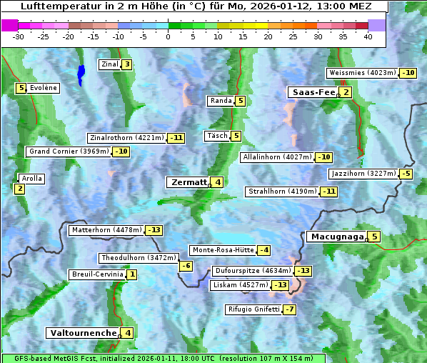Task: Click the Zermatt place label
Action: click(x=189, y=182)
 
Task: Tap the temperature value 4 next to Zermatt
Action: click(x=218, y=182)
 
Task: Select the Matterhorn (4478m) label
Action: click(x=106, y=230)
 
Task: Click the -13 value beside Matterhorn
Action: click(x=154, y=230)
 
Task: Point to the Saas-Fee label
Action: click(x=312, y=92)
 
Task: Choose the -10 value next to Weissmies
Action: click(x=408, y=73)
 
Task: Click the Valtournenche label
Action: click(x=82, y=333)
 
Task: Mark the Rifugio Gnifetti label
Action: click(x=253, y=309)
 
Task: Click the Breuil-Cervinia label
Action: click(x=97, y=274)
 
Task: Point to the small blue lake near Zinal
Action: click(x=81, y=74)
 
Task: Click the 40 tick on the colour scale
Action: click(x=368, y=36)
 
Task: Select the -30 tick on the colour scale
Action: click(x=19, y=36)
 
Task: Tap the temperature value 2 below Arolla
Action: click(x=19, y=189)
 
